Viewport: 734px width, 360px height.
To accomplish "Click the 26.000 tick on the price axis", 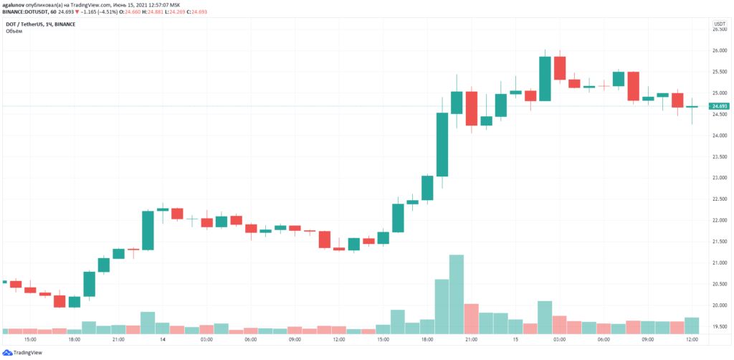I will [718, 51].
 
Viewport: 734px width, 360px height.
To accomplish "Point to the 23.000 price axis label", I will [718, 178].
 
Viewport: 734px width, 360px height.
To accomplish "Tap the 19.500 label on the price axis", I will [718, 326].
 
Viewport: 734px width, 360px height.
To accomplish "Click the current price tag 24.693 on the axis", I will [720, 106].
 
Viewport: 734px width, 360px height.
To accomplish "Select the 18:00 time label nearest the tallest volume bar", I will [427, 339].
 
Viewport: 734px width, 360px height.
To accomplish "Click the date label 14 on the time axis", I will [163, 339].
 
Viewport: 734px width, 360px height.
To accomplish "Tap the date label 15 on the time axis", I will [515, 339].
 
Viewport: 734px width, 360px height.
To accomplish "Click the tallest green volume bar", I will [457, 294].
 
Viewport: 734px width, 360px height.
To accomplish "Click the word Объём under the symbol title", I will [14, 32].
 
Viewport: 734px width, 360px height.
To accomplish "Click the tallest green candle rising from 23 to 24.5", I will [442, 144].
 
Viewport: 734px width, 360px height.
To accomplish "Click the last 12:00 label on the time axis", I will [692, 339].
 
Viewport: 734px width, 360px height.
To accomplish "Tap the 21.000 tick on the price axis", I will [718, 263].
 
